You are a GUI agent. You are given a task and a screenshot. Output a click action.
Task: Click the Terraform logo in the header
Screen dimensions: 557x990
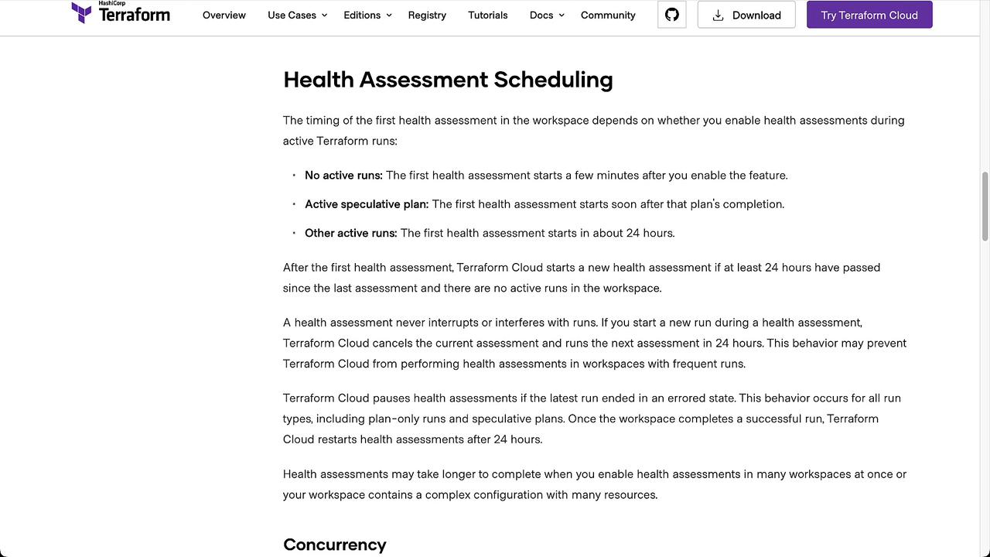tap(121, 13)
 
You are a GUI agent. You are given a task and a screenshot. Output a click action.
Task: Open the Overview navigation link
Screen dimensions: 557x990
tap(224, 15)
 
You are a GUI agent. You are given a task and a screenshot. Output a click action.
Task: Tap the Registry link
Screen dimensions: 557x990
tap(427, 15)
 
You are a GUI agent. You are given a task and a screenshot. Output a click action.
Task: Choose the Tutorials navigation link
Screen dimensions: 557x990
tap(488, 15)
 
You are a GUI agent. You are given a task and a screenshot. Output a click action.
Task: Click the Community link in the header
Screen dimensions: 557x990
tap(608, 15)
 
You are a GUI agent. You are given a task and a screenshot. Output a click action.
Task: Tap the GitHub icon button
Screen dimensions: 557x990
tap(672, 15)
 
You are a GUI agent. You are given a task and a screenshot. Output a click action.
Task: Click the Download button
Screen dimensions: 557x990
tap(746, 15)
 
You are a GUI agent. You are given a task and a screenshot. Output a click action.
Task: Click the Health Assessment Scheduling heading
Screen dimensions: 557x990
tap(448, 80)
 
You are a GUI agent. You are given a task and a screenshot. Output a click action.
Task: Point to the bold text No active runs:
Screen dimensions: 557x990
tap(343, 176)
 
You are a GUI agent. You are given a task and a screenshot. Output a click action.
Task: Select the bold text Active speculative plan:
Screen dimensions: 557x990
tap(367, 204)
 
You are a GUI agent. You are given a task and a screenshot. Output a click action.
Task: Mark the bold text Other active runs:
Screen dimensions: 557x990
tap(350, 233)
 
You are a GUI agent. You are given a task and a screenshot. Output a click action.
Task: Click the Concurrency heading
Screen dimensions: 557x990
tap(334, 545)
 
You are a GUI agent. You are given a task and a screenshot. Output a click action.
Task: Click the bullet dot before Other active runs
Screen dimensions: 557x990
tap(294, 233)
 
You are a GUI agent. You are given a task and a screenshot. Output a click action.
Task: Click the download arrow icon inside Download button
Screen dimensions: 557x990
tap(718, 15)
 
